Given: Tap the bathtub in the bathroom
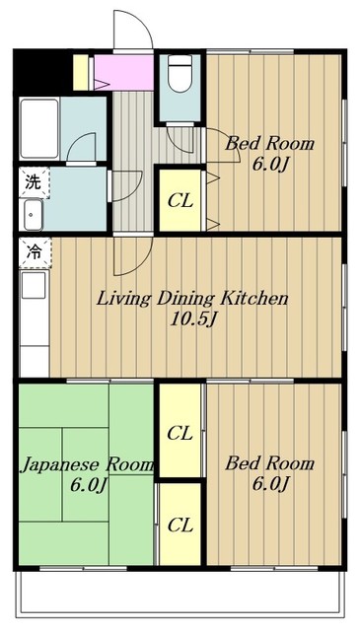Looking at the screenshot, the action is (x=39, y=128).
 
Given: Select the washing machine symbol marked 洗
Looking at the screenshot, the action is (x=34, y=182).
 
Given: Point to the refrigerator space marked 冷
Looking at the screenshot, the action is (x=36, y=252).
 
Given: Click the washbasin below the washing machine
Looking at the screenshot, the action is (x=34, y=215).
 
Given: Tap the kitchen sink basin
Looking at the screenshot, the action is (x=34, y=285).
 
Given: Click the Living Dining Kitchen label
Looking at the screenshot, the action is (x=192, y=299).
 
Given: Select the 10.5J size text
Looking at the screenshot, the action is (x=193, y=319).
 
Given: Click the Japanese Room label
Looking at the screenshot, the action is (x=88, y=465).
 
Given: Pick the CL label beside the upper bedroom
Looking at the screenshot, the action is (x=180, y=201).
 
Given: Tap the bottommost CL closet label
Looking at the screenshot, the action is (x=180, y=526).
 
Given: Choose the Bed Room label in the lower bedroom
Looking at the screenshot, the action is (x=269, y=463).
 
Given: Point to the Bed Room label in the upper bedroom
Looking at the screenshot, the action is (x=269, y=143).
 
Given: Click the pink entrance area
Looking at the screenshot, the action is (x=123, y=72).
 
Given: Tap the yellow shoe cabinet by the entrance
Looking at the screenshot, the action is (x=81, y=72).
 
